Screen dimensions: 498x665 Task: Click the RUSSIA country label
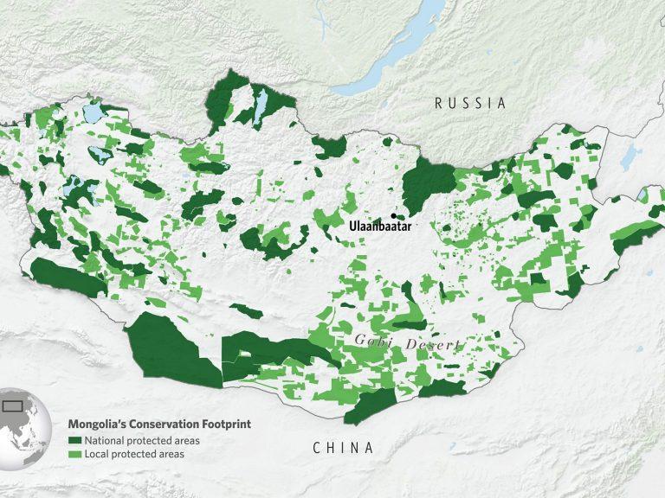(469, 103)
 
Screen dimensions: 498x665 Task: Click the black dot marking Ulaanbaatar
(393, 215)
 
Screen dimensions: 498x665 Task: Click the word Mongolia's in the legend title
(98, 425)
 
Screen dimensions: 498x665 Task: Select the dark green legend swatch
(74, 440)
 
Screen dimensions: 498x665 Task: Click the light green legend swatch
(74, 454)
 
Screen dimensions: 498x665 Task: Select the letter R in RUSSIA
(439, 103)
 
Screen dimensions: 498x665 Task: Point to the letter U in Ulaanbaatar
(352, 226)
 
